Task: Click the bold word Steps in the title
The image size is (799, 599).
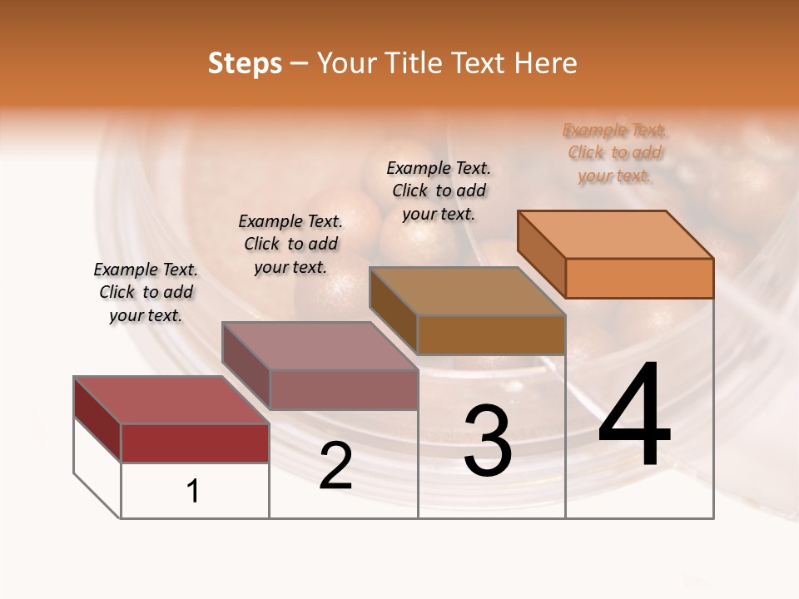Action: click(x=245, y=63)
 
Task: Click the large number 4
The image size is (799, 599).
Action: click(x=634, y=415)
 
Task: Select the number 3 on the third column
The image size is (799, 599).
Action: click(x=488, y=441)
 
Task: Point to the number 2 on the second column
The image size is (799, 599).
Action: click(x=335, y=466)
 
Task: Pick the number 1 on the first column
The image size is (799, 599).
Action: click(x=193, y=491)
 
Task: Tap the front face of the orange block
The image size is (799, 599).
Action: click(x=639, y=278)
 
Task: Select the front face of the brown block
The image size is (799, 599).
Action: click(x=491, y=334)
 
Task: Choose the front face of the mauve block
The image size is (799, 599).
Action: click(x=344, y=389)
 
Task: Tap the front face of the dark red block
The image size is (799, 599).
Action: click(x=195, y=443)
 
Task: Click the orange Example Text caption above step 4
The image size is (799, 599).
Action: click(x=614, y=153)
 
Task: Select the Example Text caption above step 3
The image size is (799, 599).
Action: click(x=439, y=191)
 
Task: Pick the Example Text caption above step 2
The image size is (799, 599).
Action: click(x=290, y=244)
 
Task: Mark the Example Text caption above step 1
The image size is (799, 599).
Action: click(x=146, y=292)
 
